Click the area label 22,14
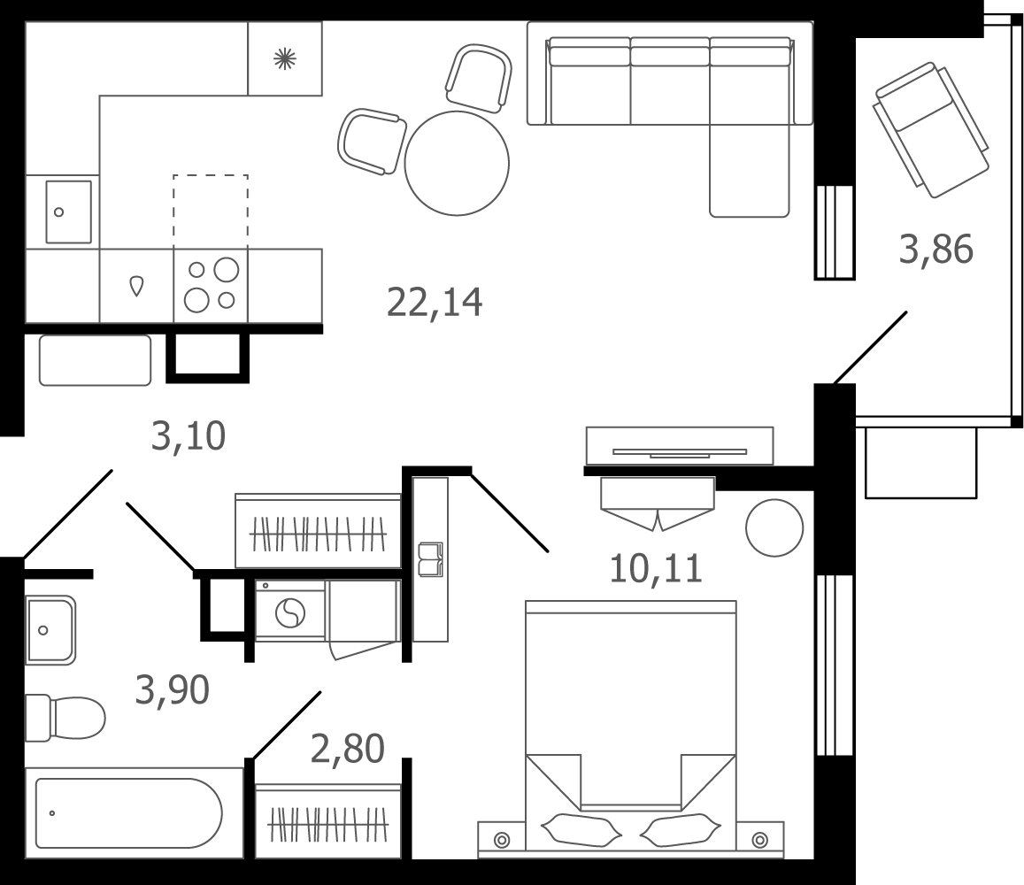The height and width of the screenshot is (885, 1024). click(435, 303)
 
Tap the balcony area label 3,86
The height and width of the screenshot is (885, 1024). click(935, 249)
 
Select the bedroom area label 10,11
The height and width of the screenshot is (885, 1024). click(656, 568)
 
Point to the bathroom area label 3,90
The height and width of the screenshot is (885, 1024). click(172, 689)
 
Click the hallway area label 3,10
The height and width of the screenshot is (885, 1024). click(189, 435)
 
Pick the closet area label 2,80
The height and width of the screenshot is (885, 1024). click(348, 749)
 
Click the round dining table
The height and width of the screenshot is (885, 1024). click(457, 163)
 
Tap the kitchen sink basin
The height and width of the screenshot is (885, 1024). click(68, 212)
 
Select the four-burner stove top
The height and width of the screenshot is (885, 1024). click(211, 286)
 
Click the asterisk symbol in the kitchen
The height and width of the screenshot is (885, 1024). click(285, 59)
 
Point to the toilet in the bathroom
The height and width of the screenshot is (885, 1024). click(65, 718)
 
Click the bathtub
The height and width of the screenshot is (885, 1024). click(128, 812)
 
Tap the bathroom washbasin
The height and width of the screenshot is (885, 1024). click(50, 630)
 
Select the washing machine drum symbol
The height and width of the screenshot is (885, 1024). click(290, 613)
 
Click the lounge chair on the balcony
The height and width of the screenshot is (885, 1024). click(930, 129)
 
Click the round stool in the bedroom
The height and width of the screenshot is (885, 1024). click(774, 527)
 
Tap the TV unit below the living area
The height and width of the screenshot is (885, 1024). click(679, 446)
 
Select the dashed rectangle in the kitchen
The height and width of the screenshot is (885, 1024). click(211, 212)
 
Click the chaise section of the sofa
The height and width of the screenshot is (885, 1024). click(749, 170)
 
